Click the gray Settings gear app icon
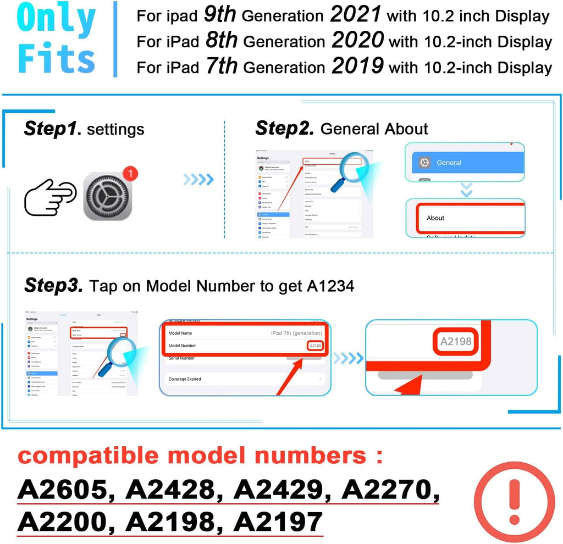pyautogui.click(x=108, y=196)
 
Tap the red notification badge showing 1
pyautogui.click(x=129, y=174)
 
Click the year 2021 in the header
pyautogui.click(x=356, y=15)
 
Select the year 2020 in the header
pyautogui.click(x=357, y=40)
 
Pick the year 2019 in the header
pyautogui.click(x=357, y=66)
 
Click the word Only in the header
pyautogui.click(x=57, y=19)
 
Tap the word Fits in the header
pyautogui.click(x=57, y=57)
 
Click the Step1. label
pyautogui.click(x=53, y=129)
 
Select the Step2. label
pyautogui.click(x=285, y=129)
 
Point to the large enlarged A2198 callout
pyautogui.click(x=456, y=341)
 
